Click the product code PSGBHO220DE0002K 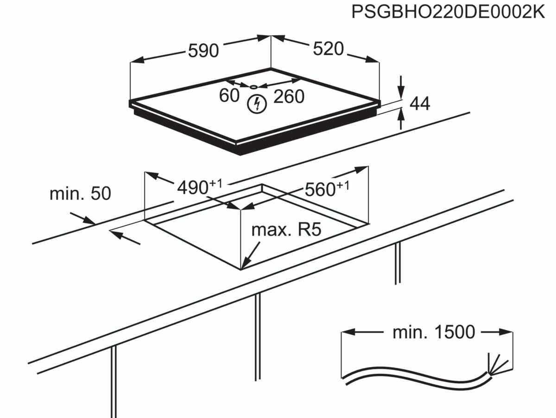click(x=448, y=12)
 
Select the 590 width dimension click(x=203, y=50)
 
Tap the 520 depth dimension click(x=328, y=49)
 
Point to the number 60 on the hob click(x=229, y=95)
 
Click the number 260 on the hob click(x=289, y=96)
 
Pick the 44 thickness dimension click(x=420, y=104)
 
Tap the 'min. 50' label click(x=80, y=193)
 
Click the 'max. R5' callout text click(x=286, y=230)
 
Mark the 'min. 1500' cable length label click(x=434, y=332)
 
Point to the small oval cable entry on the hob click(x=254, y=86)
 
